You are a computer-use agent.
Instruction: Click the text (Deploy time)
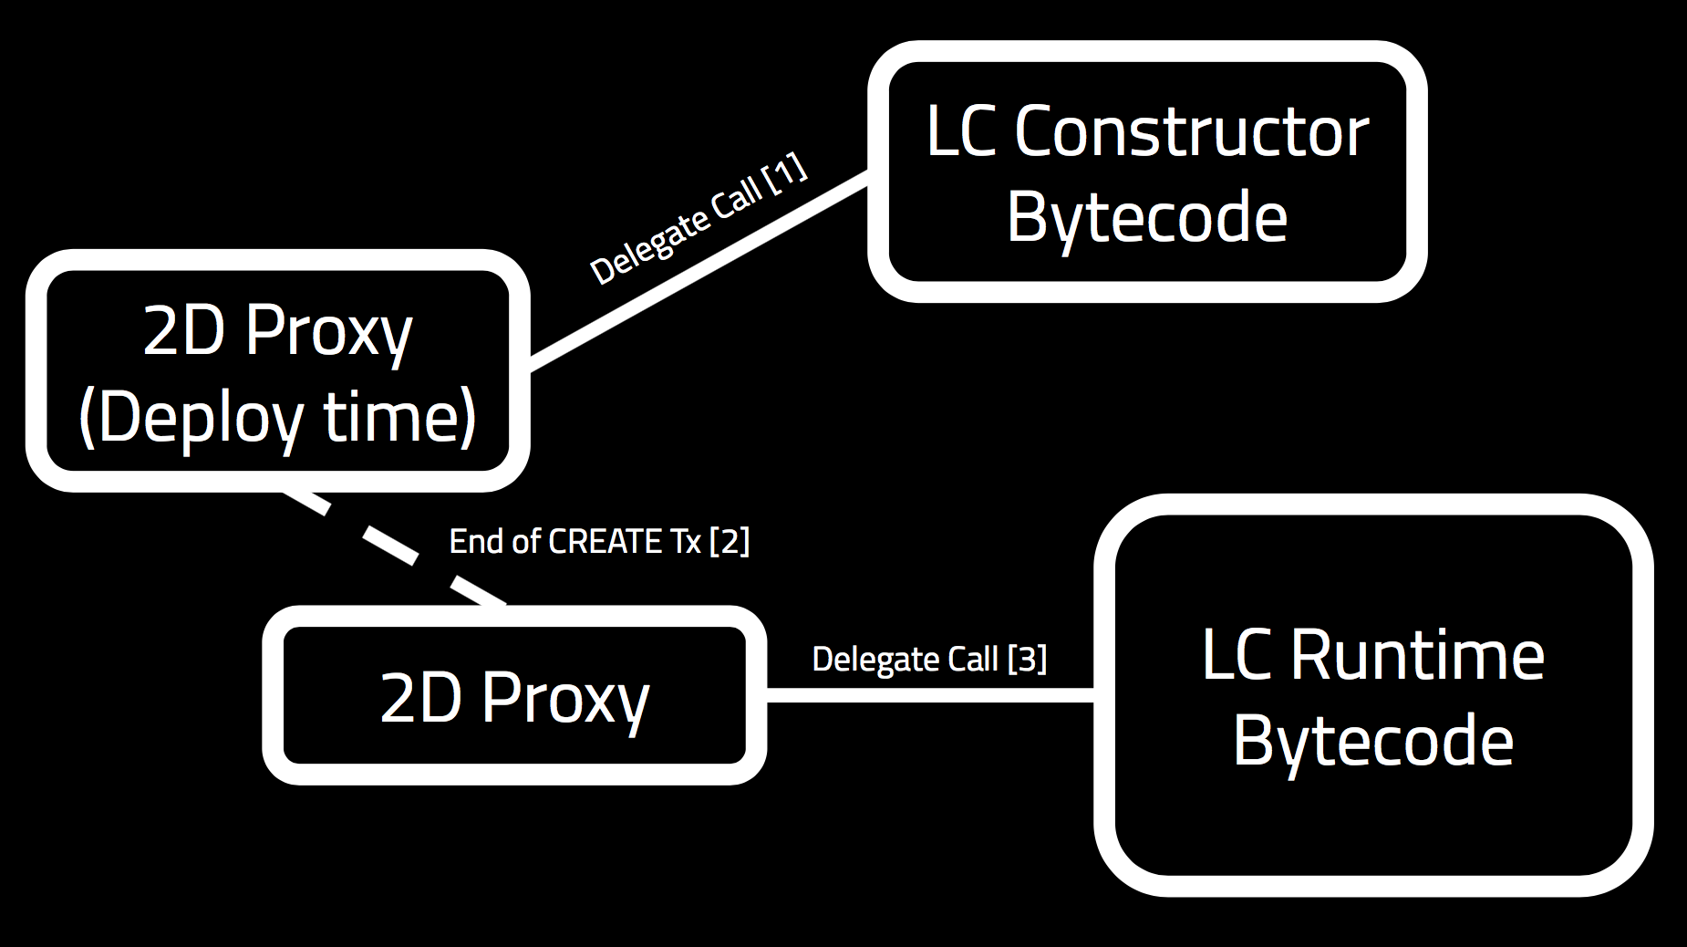[278, 418]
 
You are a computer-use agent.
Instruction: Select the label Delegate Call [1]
[698, 219]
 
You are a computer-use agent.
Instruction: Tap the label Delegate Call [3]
[928, 659]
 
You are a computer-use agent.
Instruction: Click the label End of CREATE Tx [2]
[599, 542]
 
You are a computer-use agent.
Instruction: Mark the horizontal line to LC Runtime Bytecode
[930, 695]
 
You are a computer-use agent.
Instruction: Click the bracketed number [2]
[730, 542]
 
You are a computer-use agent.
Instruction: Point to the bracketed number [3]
[1027, 659]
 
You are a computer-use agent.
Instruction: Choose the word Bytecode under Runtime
[1373, 741]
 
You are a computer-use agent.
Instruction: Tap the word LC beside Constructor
[960, 132]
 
